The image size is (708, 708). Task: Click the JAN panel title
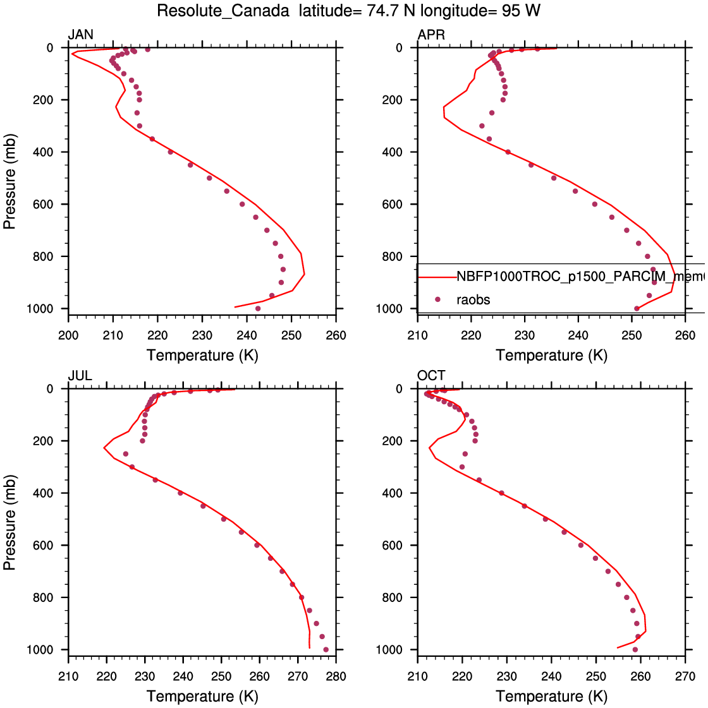pos(80,35)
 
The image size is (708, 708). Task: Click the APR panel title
pos(431,35)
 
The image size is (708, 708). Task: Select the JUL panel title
pos(80,376)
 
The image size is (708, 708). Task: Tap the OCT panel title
pos(431,376)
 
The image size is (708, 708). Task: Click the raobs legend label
pos(473,300)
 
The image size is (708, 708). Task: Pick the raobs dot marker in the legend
pos(437,300)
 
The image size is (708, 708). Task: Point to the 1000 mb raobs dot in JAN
pos(258,308)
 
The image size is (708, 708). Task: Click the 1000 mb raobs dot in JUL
pos(326,649)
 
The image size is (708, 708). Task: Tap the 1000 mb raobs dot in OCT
pos(635,649)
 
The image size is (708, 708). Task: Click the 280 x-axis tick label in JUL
pos(336,676)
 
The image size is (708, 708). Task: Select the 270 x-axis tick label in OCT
pos(685,676)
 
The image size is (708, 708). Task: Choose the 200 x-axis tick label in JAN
pos(68,335)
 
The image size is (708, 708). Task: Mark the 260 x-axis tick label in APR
pos(685,335)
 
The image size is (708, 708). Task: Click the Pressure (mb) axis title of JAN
pos(9,181)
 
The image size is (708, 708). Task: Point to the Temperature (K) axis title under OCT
pos(551,697)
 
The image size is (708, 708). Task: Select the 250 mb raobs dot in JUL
pos(125,453)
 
